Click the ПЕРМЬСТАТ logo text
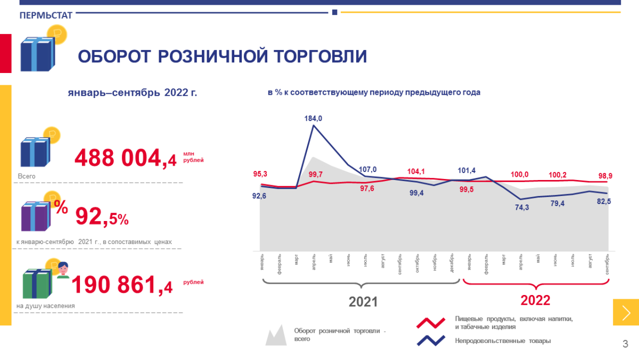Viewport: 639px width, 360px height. pyautogui.click(x=46, y=16)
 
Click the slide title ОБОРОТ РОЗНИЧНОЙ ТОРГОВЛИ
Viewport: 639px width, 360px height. pyautogui.click(x=223, y=56)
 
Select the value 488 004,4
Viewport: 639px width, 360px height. pyautogui.click(x=126, y=158)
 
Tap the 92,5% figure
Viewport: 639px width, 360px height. pyautogui.click(x=102, y=216)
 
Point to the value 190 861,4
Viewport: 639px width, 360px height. pyautogui.click(x=122, y=285)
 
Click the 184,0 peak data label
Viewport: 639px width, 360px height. pyautogui.click(x=313, y=119)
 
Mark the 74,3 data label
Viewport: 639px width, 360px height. pyautogui.click(x=522, y=208)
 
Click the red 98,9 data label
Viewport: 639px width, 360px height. pyautogui.click(x=604, y=175)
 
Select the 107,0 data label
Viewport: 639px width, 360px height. pyautogui.click(x=367, y=170)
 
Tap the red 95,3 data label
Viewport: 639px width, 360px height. pyautogui.click(x=260, y=174)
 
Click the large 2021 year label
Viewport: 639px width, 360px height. pyautogui.click(x=363, y=301)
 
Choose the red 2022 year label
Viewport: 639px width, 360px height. pyautogui.click(x=535, y=300)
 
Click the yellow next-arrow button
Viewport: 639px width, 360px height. pyautogui.click(x=626, y=312)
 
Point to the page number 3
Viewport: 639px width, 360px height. pyautogui.click(x=625, y=343)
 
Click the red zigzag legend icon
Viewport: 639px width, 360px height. pyautogui.click(x=430, y=323)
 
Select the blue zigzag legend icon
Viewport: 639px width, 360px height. pyautogui.click(x=430, y=340)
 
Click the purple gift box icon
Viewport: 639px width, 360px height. pyautogui.click(x=36, y=216)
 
